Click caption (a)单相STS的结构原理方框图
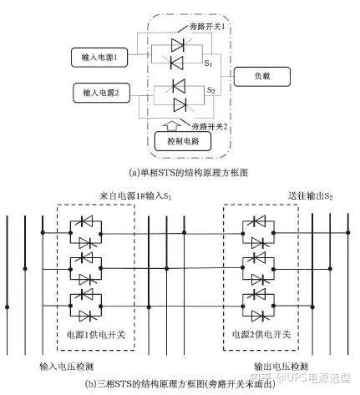pyautogui.click(x=180, y=173)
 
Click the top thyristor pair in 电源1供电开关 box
pyautogui.click(x=91, y=233)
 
